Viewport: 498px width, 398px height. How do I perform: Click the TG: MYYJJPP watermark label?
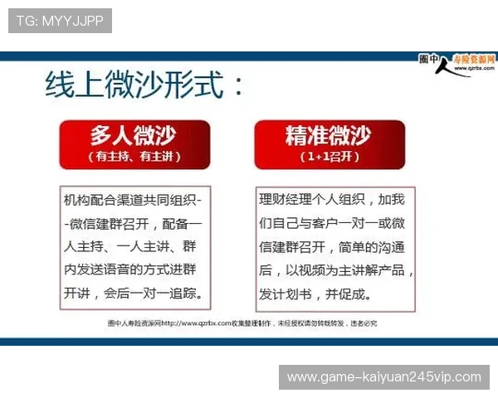tap(60, 21)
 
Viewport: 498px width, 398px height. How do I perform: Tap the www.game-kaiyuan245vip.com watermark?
tap(383, 377)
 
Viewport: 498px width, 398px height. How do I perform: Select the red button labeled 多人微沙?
tap(134, 136)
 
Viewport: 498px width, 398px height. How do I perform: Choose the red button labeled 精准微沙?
tap(330, 136)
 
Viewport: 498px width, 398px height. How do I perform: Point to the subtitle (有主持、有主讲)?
tap(134, 156)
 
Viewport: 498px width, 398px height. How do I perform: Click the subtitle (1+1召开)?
tap(330, 156)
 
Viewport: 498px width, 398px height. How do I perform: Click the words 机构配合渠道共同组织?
tap(133, 201)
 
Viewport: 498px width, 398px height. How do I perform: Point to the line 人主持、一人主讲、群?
tap(133, 247)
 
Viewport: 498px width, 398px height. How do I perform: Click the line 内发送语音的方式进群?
tap(133, 270)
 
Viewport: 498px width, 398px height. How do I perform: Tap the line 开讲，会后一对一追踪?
tap(133, 294)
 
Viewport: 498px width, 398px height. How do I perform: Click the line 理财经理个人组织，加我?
tap(332, 200)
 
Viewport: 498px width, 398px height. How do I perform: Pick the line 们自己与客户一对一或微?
tap(332, 224)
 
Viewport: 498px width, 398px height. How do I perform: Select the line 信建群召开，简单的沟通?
tap(332, 247)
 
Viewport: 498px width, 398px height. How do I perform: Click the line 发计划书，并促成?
tap(315, 294)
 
